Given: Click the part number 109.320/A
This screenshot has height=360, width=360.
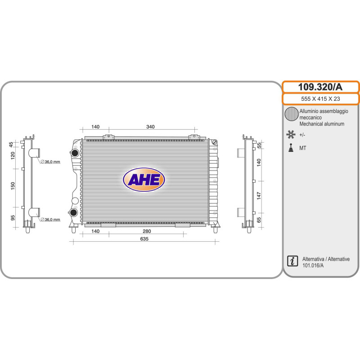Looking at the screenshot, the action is [320, 87].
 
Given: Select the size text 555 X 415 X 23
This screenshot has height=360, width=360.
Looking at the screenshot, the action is [320, 99].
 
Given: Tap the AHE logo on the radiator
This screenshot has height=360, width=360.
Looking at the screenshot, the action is [144, 180].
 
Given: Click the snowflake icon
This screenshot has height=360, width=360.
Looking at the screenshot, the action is [291, 134].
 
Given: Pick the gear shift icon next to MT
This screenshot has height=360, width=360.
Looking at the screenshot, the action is [291, 148].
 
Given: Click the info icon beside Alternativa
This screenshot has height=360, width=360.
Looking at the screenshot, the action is [292, 261].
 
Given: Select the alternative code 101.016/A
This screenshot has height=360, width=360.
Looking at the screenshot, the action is [313, 265].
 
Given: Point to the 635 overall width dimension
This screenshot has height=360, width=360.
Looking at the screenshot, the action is [144, 239].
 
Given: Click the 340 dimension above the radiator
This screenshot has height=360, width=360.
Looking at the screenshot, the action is [150, 127].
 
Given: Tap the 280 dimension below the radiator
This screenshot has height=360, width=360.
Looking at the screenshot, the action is [147, 231].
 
